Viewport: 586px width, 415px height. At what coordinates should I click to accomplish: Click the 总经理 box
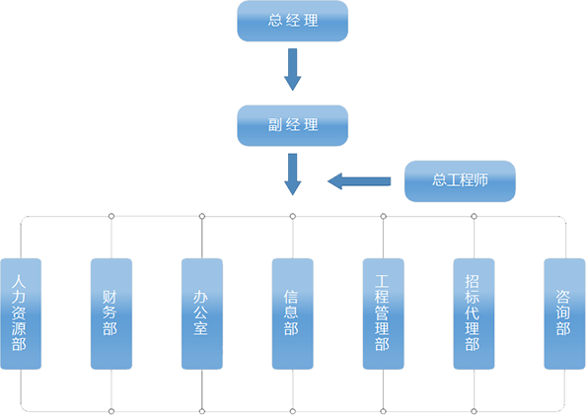[x=293, y=21]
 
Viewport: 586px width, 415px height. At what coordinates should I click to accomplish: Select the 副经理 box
[x=293, y=125]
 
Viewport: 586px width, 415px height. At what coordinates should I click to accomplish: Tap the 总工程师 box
[x=460, y=181]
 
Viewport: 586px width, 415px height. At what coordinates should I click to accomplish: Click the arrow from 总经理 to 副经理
[x=293, y=69]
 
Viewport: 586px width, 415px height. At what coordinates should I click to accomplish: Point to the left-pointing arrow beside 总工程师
[x=359, y=181]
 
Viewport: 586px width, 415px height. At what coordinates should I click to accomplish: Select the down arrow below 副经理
[x=293, y=174]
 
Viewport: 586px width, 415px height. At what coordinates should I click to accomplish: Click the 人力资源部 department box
[x=21, y=313]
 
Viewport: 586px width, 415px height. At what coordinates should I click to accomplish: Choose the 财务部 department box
[x=111, y=313]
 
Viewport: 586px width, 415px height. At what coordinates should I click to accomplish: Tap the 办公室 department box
[x=202, y=313]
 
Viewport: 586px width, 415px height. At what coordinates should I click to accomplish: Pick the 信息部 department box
[x=293, y=313]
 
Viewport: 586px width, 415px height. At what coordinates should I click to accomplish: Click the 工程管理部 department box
[x=383, y=313]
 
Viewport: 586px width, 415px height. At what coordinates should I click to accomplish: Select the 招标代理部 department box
[x=474, y=313]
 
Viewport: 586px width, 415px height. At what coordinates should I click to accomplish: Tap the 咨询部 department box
[x=564, y=313]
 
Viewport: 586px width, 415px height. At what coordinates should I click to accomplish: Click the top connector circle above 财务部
[x=111, y=216]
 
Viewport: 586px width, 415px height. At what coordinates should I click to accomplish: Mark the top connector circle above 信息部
[x=293, y=216]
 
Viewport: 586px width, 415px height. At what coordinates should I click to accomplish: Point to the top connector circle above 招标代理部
[x=474, y=216]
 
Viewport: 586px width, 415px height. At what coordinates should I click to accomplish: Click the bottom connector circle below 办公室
[x=202, y=411]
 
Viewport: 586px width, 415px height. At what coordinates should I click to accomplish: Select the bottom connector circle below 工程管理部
[x=383, y=411]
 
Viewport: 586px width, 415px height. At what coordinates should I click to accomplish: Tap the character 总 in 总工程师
[x=439, y=180]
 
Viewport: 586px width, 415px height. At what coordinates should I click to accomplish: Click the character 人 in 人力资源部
[x=19, y=282]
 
